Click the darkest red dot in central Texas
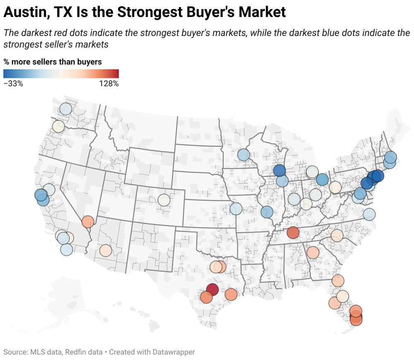[212, 289]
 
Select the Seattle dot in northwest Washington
[65, 109]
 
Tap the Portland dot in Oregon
[58, 126]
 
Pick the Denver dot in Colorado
[164, 200]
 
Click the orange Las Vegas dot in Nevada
[88, 222]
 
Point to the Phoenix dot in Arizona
[106, 251]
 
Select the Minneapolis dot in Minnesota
[243, 155]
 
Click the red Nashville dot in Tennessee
[293, 233]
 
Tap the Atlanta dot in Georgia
[313, 252]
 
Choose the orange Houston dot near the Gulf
[231, 295]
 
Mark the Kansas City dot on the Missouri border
[236, 208]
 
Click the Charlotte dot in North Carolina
[337, 236]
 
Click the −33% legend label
[13, 84]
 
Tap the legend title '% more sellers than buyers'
[53, 62]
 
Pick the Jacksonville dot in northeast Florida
[338, 281]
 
